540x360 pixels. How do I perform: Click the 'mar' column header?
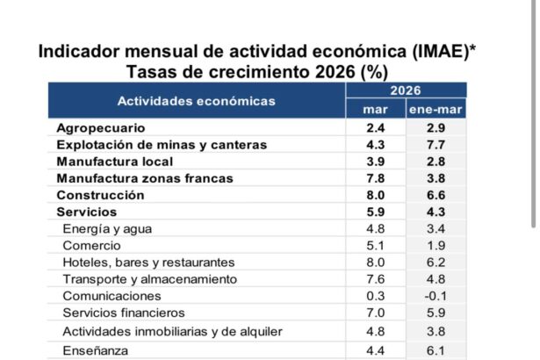(x=374, y=110)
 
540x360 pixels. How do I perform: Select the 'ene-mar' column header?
(x=436, y=110)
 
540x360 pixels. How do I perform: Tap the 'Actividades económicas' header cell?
(x=196, y=101)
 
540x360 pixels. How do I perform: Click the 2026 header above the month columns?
(x=405, y=91)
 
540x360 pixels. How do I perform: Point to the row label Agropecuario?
(x=95, y=128)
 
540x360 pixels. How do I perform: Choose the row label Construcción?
(x=100, y=195)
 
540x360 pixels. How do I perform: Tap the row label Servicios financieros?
(x=124, y=313)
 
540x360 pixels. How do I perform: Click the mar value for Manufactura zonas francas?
(x=373, y=178)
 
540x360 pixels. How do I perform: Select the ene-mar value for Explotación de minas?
(x=435, y=145)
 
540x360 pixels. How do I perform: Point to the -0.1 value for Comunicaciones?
(x=435, y=296)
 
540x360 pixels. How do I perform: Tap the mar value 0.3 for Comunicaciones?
(x=373, y=296)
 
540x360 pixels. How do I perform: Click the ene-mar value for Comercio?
(x=435, y=246)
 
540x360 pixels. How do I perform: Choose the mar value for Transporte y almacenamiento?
(x=373, y=279)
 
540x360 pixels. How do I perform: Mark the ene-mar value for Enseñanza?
(x=435, y=351)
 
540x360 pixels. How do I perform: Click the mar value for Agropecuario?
(x=373, y=128)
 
